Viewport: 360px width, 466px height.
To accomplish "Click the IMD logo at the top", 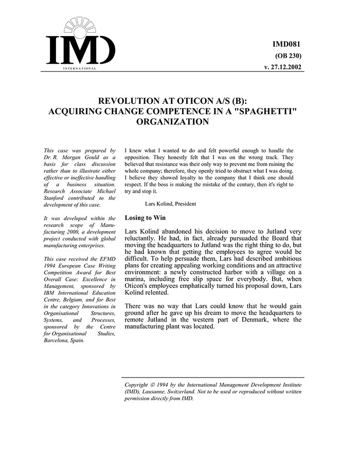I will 81,45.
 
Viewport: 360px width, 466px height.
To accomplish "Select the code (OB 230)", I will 289,56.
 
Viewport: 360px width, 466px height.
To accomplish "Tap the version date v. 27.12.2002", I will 282,67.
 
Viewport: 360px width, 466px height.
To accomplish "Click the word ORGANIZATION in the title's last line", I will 173,122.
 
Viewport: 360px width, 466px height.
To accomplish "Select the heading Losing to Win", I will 145,218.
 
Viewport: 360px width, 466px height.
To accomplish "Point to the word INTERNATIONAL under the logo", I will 80,68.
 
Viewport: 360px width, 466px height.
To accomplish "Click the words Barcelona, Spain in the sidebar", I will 64,340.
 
